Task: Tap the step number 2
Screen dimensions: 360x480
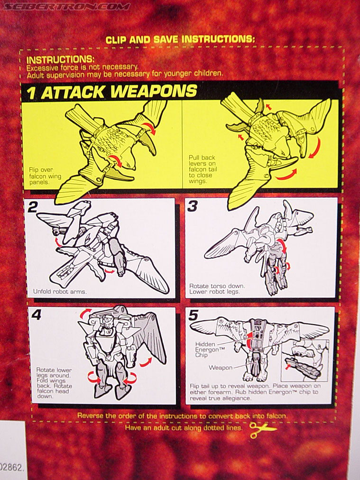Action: [32, 208]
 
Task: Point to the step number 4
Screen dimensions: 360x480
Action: [36, 314]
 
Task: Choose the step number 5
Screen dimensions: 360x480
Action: [194, 315]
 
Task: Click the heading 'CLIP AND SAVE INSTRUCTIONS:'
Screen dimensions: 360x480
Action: [180, 39]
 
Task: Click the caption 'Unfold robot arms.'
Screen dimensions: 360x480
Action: [60, 291]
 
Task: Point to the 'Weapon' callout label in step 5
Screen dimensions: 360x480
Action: [221, 368]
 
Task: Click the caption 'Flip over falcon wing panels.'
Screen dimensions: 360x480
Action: [45, 176]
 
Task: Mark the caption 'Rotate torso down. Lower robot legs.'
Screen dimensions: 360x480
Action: [217, 289]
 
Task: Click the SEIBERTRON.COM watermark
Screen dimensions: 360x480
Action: [66, 7]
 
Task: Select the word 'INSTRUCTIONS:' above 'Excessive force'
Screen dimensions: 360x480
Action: [61, 59]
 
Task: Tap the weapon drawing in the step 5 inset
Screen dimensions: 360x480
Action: [303, 368]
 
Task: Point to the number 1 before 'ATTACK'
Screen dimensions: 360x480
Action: [31, 93]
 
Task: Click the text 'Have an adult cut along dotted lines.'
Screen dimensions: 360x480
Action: [184, 428]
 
